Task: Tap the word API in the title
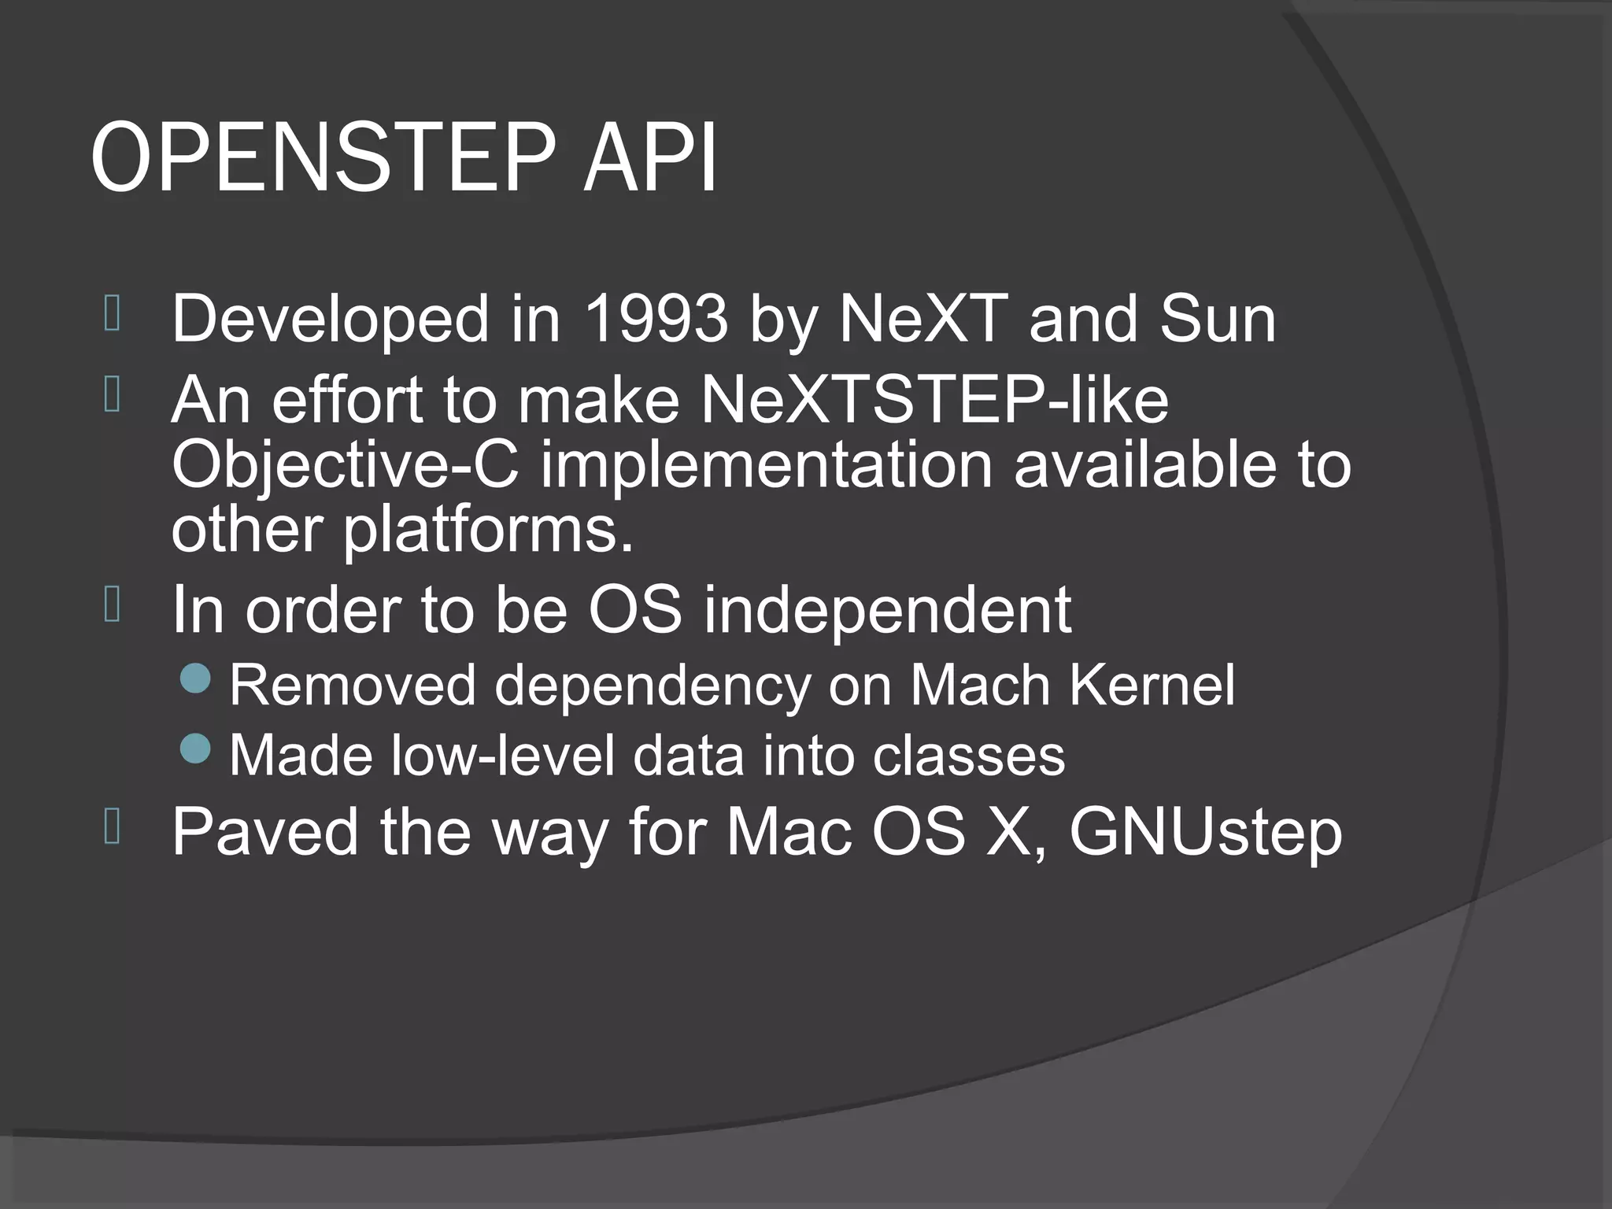click(650, 157)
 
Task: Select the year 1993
click(656, 319)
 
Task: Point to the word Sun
click(1217, 319)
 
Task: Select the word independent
click(887, 609)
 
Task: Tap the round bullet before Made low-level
click(195, 749)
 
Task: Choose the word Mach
click(980, 686)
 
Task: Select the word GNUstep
click(1205, 833)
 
